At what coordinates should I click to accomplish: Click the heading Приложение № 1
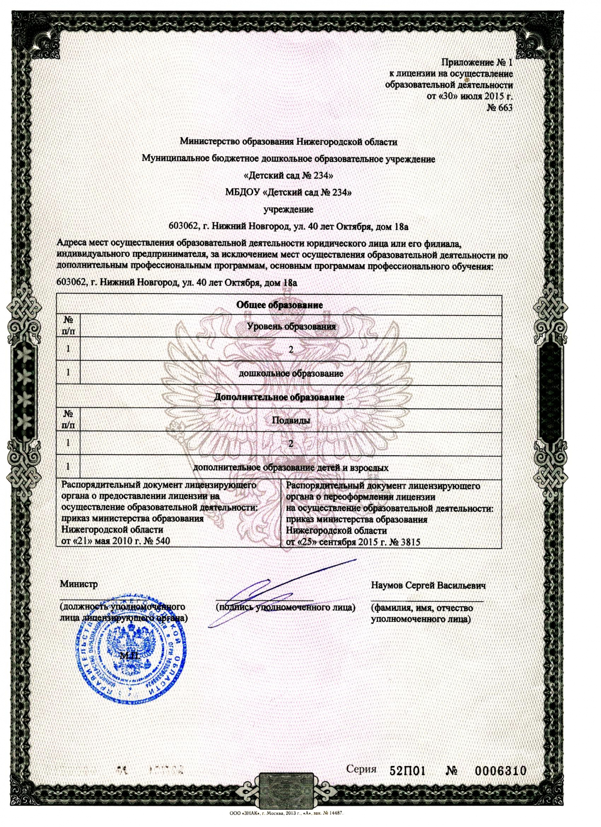click(x=477, y=62)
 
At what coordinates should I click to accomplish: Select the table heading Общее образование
click(x=279, y=305)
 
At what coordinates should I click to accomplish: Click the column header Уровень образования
click(x=291, y=326)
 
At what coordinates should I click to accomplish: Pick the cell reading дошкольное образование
click(x=291, y=373)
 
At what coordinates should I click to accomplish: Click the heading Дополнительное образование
click(x=279, y=397)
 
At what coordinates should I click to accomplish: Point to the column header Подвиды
click(x=291, y=421)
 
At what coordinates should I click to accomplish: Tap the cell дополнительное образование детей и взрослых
click(x=291, y=468)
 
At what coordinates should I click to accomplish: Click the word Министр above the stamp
click(x=79, y=584)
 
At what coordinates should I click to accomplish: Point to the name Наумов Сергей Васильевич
click(x=428, y=586)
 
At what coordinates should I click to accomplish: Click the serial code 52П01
click(x=408, y=770)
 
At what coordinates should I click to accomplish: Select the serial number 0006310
click(x=500, y=770)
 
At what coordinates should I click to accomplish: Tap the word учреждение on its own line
click(x=288, y=210)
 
